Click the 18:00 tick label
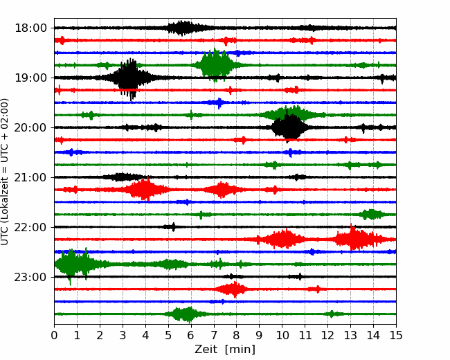coord(30,28)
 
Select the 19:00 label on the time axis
coord(30,78)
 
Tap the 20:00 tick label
coord(30,127)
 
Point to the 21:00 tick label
coord(30,177)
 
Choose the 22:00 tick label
coord(30,227)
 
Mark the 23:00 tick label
coord(30,277)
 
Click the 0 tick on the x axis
coord(54,335)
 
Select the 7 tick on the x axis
coord(214,335)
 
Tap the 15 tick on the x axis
coord(396,335)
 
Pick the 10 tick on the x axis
coord(282,335)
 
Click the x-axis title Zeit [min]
coord(225,350)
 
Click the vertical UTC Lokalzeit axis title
coord(5,172)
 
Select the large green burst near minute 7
coord(215,65)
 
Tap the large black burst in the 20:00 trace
coord(289,127)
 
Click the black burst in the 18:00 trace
coord(181,28)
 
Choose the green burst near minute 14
coord(372,214)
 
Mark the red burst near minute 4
coord(143,189)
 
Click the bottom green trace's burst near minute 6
coord(186,314)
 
